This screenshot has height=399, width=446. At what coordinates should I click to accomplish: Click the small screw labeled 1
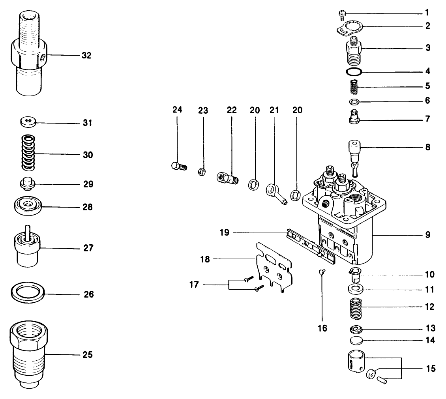tap(342, 15)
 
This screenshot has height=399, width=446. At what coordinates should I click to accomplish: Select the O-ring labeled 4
tap(354, 72)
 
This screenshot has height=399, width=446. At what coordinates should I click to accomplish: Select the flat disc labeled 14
tap(356, 340)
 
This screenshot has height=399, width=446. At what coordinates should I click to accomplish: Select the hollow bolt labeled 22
tap(228, 178)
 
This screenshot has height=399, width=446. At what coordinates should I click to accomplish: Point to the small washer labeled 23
tap(201, 171)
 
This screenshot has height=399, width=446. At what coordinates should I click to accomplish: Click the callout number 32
tap(86, 56)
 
